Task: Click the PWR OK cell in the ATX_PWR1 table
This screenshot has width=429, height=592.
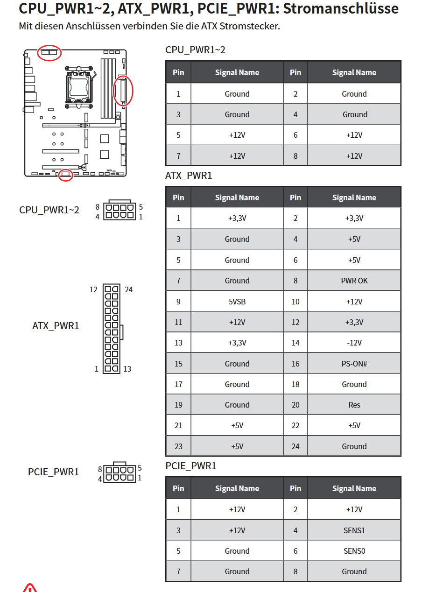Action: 354,281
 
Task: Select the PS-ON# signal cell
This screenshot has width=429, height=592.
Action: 354,364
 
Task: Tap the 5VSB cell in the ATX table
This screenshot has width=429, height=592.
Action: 237,302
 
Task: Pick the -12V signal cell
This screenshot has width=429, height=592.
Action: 354,343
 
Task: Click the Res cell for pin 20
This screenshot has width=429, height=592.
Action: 354,405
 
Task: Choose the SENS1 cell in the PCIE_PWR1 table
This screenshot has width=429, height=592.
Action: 354,530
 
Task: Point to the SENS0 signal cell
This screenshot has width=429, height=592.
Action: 354,551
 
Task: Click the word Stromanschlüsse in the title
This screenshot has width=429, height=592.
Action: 341,8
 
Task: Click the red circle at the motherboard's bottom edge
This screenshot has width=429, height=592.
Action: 65,175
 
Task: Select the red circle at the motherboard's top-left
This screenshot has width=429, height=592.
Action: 49,53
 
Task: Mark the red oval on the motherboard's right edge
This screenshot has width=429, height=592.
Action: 123,91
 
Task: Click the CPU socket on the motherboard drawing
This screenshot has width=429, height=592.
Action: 79,87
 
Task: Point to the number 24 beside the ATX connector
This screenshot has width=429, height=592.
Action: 128,289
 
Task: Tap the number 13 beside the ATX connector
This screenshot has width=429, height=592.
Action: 127,369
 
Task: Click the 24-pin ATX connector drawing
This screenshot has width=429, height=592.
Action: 113,329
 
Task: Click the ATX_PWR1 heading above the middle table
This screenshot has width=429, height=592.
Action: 189,176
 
